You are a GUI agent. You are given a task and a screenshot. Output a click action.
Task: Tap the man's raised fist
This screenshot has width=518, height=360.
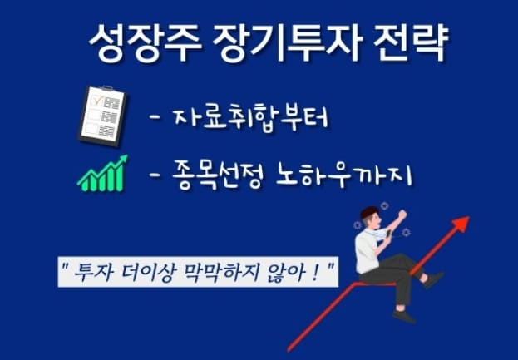[x=402, y=214]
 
